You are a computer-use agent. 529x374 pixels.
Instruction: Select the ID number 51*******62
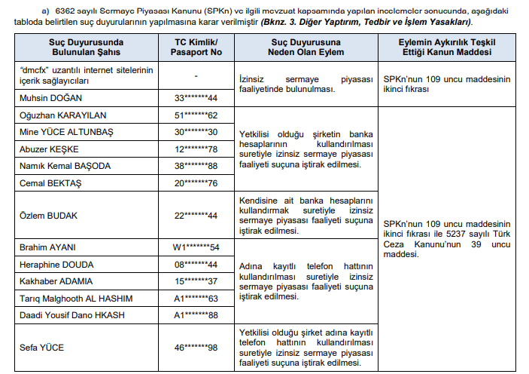point(196,115)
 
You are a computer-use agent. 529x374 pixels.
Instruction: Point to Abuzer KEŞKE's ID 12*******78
point(196,149)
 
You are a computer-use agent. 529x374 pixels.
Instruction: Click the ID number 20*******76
point(196,182)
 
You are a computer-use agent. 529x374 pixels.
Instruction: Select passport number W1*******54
point(196,247)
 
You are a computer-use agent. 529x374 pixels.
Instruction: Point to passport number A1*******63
point(196,298)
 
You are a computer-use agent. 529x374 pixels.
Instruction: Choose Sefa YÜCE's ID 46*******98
point(196,348)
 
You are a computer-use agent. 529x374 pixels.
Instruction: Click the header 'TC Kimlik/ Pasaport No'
point(196,47)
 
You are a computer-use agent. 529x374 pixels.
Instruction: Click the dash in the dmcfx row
point(196,75)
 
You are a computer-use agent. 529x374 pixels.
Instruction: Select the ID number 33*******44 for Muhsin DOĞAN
point(196,98)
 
